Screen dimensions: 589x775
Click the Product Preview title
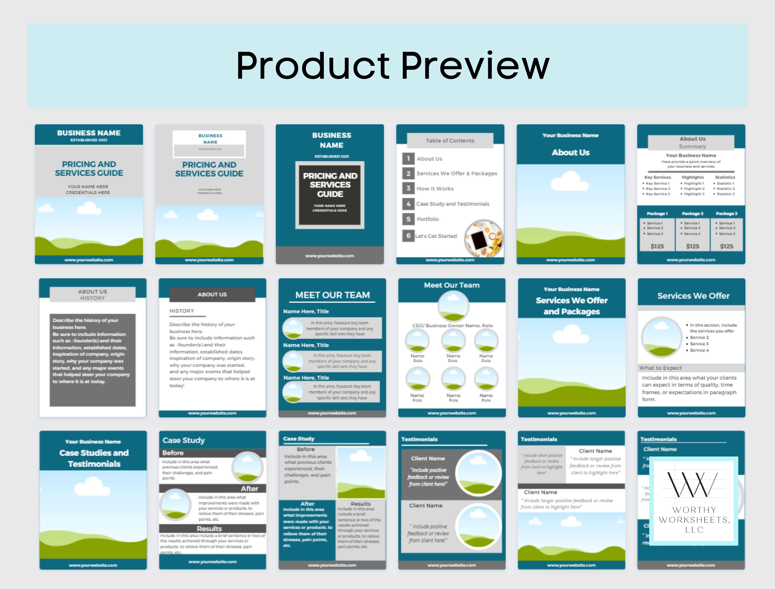(x=392, y=66)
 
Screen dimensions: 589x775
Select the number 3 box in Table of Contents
(x=408, y=188)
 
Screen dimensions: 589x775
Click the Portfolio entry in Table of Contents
(x=427, y=219)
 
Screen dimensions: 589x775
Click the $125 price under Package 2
(x=692, y=246)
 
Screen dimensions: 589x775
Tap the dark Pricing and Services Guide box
(x=330, y=195)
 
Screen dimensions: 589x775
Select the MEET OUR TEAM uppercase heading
(x=332, y=295)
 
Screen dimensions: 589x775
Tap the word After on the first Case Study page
(x=249, y=489)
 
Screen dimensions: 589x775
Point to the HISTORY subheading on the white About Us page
(x=182, y=311)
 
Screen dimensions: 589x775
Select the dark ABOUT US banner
(x=212, y=295)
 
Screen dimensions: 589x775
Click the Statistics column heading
(x=725, y=177)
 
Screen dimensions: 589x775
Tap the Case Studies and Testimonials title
(x=94, y=458)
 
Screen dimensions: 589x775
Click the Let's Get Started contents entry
(x=436, y=236)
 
